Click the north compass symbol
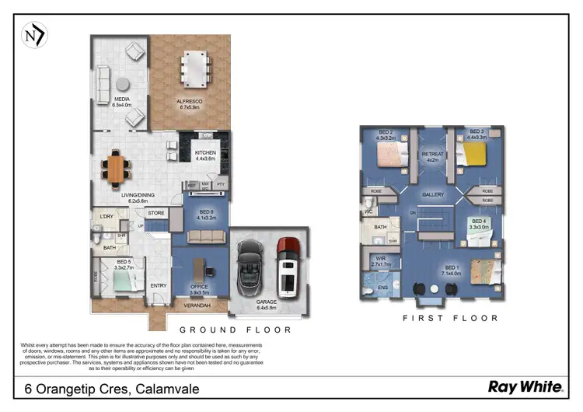pyautogui.click(x=35, y=35)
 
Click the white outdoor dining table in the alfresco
pyautogui.click(x=195, y=68)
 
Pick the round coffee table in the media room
pyautogui.click(x=123, y=84)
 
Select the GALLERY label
pyautogui.click(x=432, y=194)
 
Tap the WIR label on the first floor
pyautogui.click(x=380, y=259)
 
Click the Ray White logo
pyautogui.click(x=525, y=386)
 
